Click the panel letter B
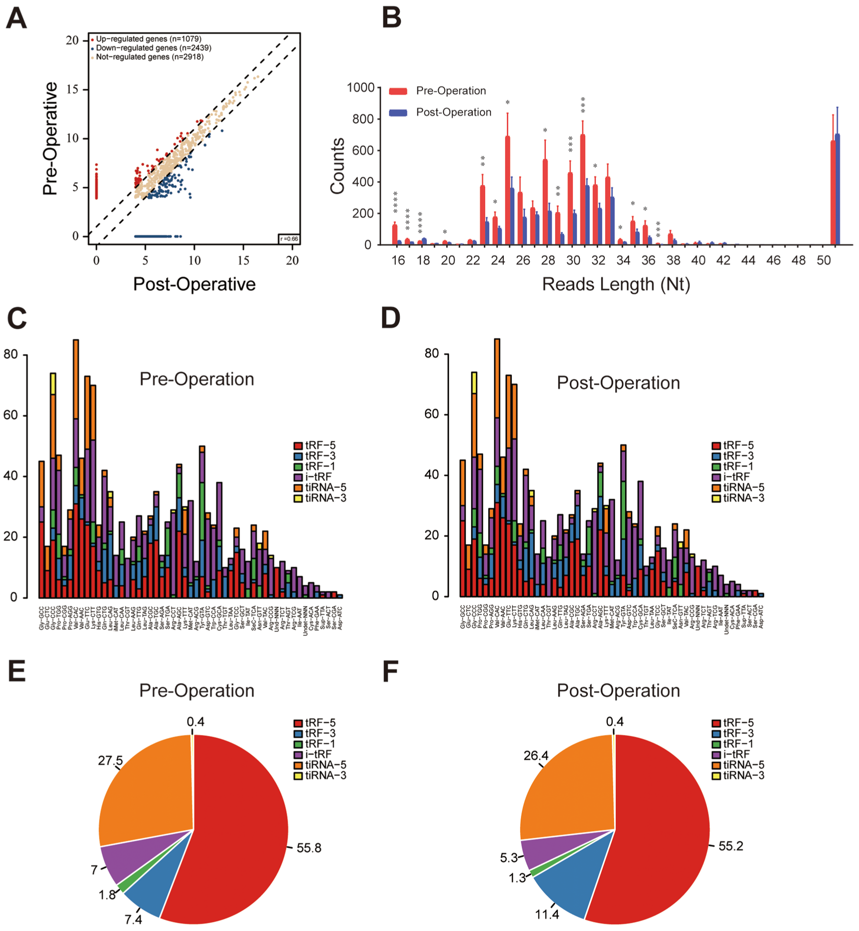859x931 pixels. (392, 19)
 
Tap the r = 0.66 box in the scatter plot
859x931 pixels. (289, 239)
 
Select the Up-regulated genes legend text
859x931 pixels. (148, 39)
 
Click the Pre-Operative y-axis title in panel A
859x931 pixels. (50, 138)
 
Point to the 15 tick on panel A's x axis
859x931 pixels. (243, 260)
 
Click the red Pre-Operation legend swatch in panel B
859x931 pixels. (398, 91)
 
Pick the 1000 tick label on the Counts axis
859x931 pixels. (361, 88)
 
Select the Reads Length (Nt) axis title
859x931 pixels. (616, 284)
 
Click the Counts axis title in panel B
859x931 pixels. (337, 166)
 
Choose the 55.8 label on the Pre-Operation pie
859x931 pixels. (309, 848)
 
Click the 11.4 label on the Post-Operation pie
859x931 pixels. (547, 915)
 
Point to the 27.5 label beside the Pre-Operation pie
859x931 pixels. (110, 761)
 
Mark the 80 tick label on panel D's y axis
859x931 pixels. (431, 354)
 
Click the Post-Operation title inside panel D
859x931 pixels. (618, 383)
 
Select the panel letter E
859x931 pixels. (17, 672)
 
